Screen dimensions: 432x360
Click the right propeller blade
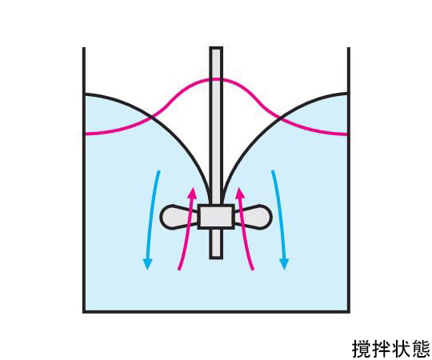(x=254, y=217)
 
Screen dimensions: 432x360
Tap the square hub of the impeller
(x=216, y=217)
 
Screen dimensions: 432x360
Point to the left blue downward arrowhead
(x=148, y=265)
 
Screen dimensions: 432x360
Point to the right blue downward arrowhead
(x=284, y=265)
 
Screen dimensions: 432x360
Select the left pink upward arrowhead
(x=192, y=193)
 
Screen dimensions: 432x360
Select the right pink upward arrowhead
(x=240, y=193)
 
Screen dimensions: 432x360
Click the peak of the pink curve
(x=216, y=80)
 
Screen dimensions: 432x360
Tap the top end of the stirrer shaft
(x=216, y=48)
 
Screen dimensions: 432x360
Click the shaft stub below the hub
(x=216, y=244)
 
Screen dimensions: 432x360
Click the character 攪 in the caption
(x=361, y=349)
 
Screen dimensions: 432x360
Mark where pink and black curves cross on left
(x=151, y=118)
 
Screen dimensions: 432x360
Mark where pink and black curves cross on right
(x=281, y=118)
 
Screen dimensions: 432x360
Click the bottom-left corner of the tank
(x=84, y=312)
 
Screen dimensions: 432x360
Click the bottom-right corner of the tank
(x=349, y=312)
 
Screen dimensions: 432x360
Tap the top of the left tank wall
(x=84, y=48)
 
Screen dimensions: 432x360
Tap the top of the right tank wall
(x=349, y=48)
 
